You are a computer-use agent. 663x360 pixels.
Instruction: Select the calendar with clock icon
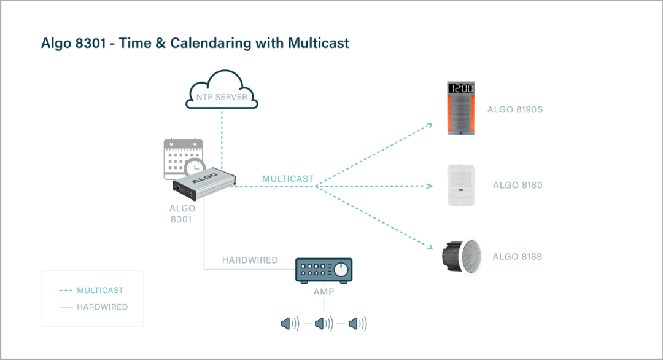click(183, 158)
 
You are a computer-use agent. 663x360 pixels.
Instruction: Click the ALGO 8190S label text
click(515, 110)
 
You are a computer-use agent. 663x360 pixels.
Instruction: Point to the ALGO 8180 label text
click(518, 185)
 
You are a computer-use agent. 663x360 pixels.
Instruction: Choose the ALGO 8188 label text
click(518, 256)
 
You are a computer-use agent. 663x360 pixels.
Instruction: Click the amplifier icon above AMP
click(324, 269)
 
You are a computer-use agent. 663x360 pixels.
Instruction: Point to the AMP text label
click(324, 292)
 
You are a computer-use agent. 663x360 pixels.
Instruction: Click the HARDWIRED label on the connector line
click(250, 260)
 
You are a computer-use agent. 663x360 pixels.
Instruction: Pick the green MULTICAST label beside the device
click(288, 179)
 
